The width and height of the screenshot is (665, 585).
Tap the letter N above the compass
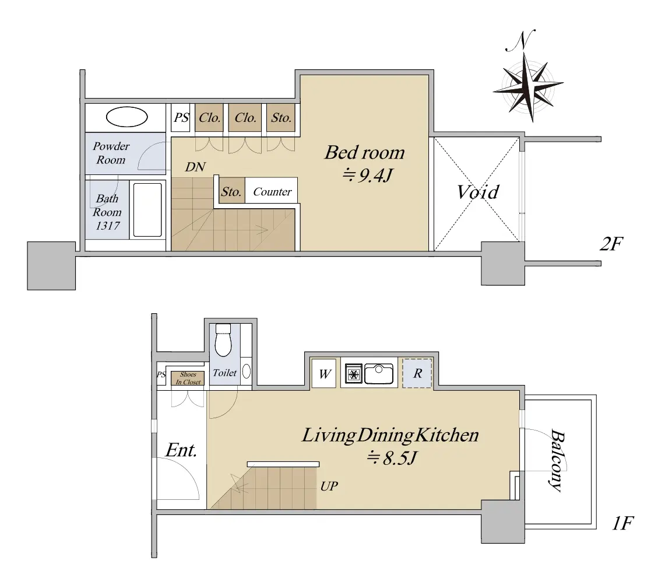[x=521, y=41]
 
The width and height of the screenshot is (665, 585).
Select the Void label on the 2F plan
[x=478, y=192]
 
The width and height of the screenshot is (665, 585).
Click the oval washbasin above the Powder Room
[x=127, y=117]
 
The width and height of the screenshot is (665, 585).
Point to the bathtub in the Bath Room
[x=147, y=209]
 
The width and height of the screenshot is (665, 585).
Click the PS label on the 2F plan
[x=181, y=117]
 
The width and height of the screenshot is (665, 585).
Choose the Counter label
[x=272, y=192]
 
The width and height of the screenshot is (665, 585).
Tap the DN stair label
[x=195, y=167]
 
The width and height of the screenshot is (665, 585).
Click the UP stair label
[x=329, y=486]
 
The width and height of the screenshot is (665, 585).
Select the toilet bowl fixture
[x=223, y=341]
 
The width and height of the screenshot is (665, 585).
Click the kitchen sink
[x=379, y=374]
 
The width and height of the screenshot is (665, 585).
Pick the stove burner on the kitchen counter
[x=353, y=374]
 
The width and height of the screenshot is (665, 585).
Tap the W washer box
[x=324, y=374]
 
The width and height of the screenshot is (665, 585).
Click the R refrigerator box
[x=417, y=373]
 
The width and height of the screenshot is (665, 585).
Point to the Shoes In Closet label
[x=188, y=379]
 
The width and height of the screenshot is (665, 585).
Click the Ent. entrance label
[x=181, y=450]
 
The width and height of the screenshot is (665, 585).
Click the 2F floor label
[x=611, y=244]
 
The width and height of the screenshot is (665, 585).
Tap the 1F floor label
[x=622, y=523]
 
